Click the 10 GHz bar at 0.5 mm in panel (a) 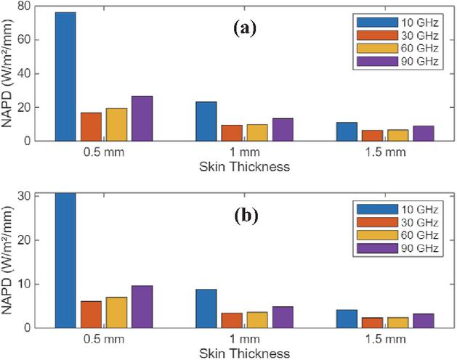tap(65, 76)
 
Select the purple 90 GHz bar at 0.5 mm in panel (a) tap(142, 118)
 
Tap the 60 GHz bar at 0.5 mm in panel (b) tap(116, 312)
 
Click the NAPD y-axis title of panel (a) tap(8, 73)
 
